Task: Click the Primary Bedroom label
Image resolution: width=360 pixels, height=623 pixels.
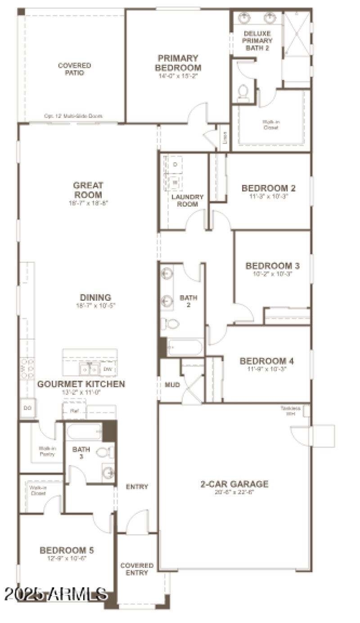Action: [x=178, y=63]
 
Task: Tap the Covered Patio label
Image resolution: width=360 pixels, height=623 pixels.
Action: [x=74, y=69]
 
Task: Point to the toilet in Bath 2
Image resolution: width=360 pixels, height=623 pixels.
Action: [x=170, y=323]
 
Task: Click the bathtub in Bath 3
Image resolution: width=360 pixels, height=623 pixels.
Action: [x=85, y=433]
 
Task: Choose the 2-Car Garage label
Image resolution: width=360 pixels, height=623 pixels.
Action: [x=234, y=484]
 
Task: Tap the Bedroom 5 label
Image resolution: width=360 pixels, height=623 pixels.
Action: [x=67, y=550]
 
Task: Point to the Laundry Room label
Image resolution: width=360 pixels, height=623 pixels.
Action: [x=188, y=200]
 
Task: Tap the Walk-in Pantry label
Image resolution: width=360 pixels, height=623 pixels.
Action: [x=46, y=451]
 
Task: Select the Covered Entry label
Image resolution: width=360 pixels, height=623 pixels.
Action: [x=137, y=569]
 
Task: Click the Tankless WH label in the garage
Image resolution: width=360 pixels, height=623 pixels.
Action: [x=290, y=411]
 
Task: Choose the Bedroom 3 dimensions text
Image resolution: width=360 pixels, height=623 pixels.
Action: [x=273, y=274]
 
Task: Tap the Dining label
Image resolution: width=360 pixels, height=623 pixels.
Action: [x=95, y=298]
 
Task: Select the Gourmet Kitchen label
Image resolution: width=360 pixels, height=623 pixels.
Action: [x=81, y=384]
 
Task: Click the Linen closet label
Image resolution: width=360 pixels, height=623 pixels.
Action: [x=225, y=138]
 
